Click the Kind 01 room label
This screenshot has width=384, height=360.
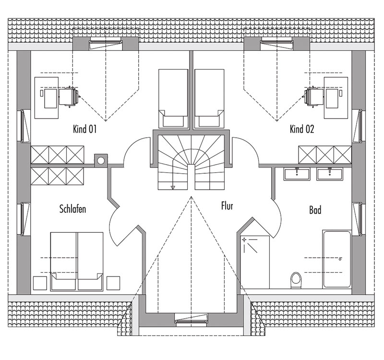(x=85, y=129)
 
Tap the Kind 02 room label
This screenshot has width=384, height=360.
(x=302, y=129)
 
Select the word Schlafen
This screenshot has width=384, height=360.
(x=73, y=209)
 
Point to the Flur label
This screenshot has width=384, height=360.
(x=227, y=206)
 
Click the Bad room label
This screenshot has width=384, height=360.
(x=315, y=210)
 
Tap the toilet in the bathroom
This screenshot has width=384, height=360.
(x=296, y=280)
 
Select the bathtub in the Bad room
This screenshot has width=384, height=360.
(x=337, y=259)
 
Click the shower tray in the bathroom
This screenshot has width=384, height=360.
(x=255, y=262)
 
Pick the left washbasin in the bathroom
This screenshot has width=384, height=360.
(x=297, y=174)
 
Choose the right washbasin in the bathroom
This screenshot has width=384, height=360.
(x=329, y=174)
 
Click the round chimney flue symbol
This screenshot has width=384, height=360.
(x=101, y=161)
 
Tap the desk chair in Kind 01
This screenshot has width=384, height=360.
(x=69, y=97)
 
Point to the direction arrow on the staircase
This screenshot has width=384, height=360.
(x=173, y=188)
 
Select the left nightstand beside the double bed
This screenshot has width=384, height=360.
(x=40, y=283)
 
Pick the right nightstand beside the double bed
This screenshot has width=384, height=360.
(x=113, y=283)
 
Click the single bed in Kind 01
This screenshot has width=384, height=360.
(x=173, y=98)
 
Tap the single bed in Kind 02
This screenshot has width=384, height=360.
(x=209, y=98)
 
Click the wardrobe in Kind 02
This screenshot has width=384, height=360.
(x=325, y=155)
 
